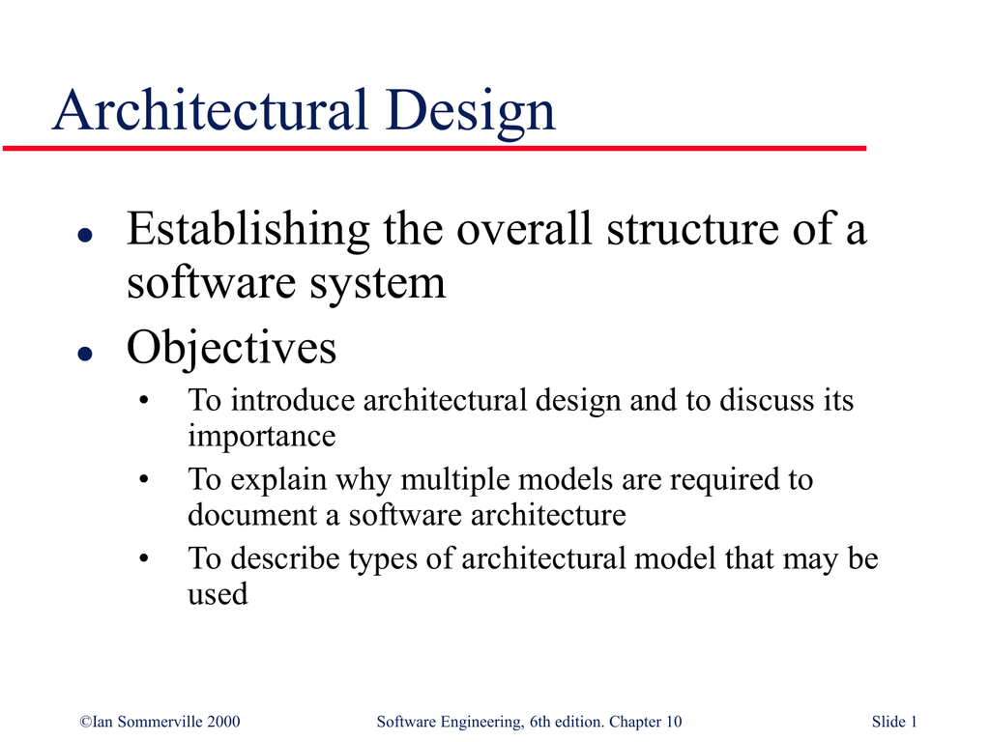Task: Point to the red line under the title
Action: [x=435, y=149]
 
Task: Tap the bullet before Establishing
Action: [x=84, y=235]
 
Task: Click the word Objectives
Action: [x=231, y=349]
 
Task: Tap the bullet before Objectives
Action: [x=84, y=354]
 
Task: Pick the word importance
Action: [x=261, y=437]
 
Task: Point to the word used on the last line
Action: [x=218, y=594]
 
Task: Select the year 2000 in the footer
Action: [x=221, y=722]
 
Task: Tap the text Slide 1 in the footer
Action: [x=894, y=722]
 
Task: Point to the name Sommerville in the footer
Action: [x=155, y=722]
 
